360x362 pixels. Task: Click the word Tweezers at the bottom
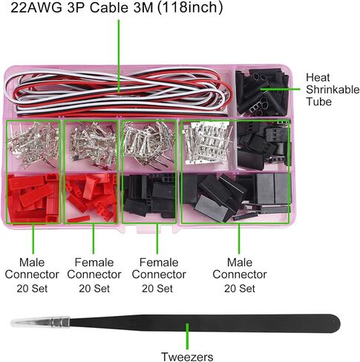tap(187, 357)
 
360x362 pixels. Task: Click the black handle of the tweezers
tap(205, 323)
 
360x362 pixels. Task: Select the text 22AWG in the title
tap(36, 7)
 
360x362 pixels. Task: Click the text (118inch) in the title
tap(190, 7)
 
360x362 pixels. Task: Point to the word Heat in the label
tap(318, 77)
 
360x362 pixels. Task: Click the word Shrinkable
tap(333, 90)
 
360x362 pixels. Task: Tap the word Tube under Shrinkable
tap(318, 102)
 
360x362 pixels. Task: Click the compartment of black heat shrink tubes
tap(262, 92)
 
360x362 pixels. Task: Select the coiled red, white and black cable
tap(118, 92)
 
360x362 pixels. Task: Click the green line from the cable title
tap(119, 57)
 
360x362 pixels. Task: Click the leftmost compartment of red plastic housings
tap(33, 198)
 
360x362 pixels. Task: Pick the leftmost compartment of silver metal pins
tap(33, 145)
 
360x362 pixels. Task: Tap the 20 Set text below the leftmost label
tap(32, 289)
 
